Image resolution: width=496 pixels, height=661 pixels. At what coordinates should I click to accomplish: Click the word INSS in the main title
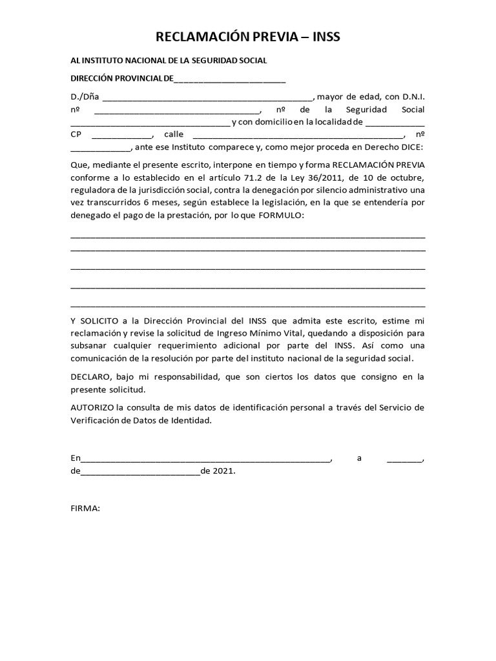(x=321, y=37)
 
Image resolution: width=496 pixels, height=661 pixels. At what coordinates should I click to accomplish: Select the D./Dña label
(x=85, y=97)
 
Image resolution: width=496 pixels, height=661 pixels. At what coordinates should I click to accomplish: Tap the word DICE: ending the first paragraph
(x=410, y=147)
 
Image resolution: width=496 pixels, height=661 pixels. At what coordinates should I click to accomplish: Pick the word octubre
(x=406, y=178)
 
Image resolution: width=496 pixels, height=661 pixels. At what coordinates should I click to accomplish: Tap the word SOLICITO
(x=100, y=321)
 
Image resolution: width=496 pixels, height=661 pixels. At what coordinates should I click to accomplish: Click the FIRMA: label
(x=85, y=509)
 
